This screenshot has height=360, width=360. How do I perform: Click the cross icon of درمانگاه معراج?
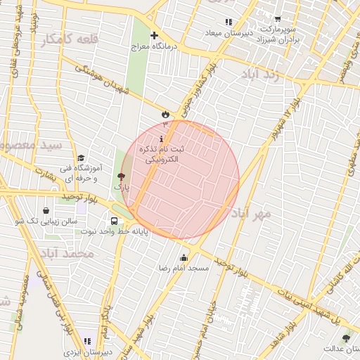(x=155, y=35)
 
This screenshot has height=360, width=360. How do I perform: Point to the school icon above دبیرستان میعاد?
(x=229, y=22)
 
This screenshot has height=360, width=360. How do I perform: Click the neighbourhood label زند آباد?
(x=259, y=75)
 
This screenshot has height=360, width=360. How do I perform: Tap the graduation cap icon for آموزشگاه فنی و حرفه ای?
(x=81, y=158)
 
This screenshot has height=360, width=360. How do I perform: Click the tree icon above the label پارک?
(x=121, y=177)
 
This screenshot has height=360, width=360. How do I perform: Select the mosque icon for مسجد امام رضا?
(x=184, y=257)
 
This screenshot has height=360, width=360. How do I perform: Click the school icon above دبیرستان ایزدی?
(x=87, y=340)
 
